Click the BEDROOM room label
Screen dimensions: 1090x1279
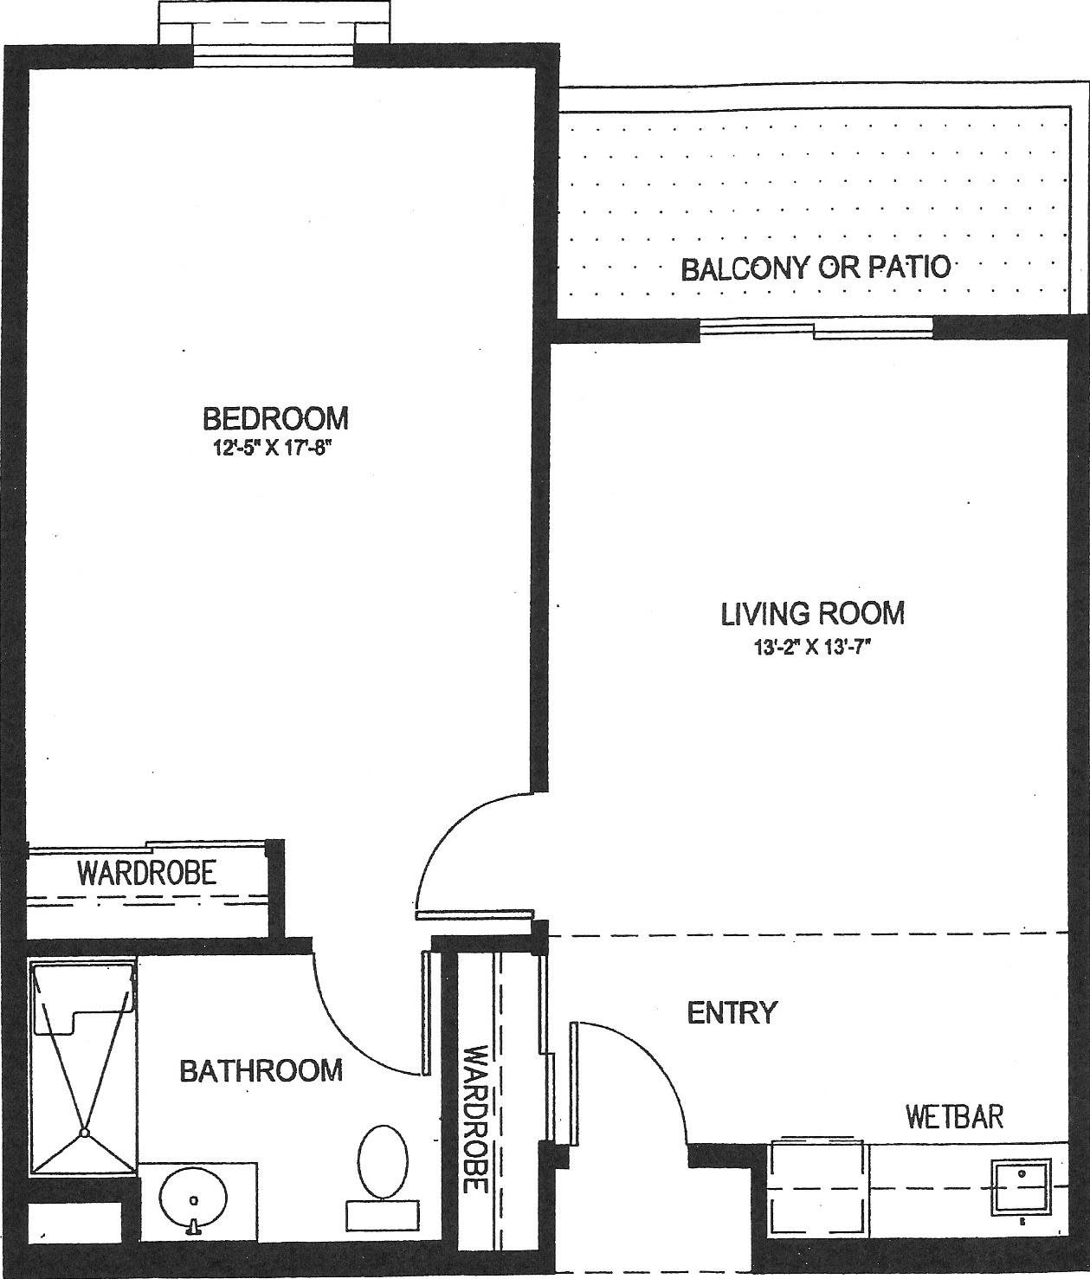click(276, 418)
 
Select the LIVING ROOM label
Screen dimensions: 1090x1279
click(813, 612)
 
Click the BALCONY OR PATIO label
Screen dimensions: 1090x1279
click(816, 268)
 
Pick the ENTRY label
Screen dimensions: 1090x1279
click(732, 1012)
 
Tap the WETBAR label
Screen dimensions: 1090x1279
click(955, 1116)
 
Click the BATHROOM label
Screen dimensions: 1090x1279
click(261, 1069)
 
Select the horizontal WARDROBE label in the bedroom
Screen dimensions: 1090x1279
click(147, 872)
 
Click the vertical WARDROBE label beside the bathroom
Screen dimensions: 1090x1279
click(475, 1120)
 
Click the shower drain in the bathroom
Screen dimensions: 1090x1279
click(83, 1133)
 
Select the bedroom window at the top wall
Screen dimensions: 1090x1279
click(274, 55)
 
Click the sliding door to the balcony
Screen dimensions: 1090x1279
click(816, 328)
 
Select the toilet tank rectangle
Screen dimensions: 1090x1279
click(383, 1215)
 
